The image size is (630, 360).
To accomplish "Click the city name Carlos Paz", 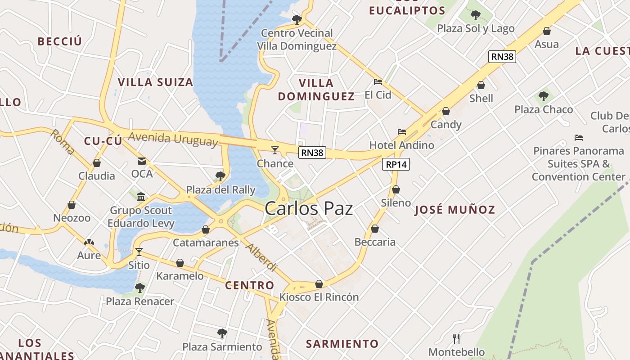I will tap(309, 209).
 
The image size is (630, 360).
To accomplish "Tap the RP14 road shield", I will tap(396, 164).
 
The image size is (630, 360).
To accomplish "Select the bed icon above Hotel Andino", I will tap(402, 132).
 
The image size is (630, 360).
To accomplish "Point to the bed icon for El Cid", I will tap(378, 82).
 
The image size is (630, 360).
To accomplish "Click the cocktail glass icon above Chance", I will tap(275, 150).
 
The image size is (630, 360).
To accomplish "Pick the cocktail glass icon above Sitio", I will tap(139, 252).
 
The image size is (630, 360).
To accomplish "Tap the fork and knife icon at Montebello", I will tap(456, 338).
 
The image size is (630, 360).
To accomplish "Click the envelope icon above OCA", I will tap(142, 161).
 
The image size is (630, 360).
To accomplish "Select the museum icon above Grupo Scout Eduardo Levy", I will tap(141, 197).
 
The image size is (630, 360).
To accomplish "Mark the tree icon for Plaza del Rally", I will tap(220, 176).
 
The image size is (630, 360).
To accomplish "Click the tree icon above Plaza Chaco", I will tap(544, 96).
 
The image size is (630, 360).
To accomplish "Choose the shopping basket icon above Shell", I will tap(481, 85).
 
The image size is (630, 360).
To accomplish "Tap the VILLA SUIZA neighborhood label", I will tap(155, 82).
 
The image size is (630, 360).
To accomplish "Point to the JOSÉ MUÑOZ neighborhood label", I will tap(454, 210).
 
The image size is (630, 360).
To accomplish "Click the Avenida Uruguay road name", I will tap(173, 139).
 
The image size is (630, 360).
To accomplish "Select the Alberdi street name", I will tap(261, 257).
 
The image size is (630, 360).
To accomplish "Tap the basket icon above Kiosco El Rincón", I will tap(319, 284).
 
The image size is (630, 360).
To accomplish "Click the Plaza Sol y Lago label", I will tap(476, 29).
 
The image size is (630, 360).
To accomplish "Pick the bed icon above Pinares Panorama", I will tap(579, 137).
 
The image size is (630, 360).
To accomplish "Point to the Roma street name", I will tap(63, 142).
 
